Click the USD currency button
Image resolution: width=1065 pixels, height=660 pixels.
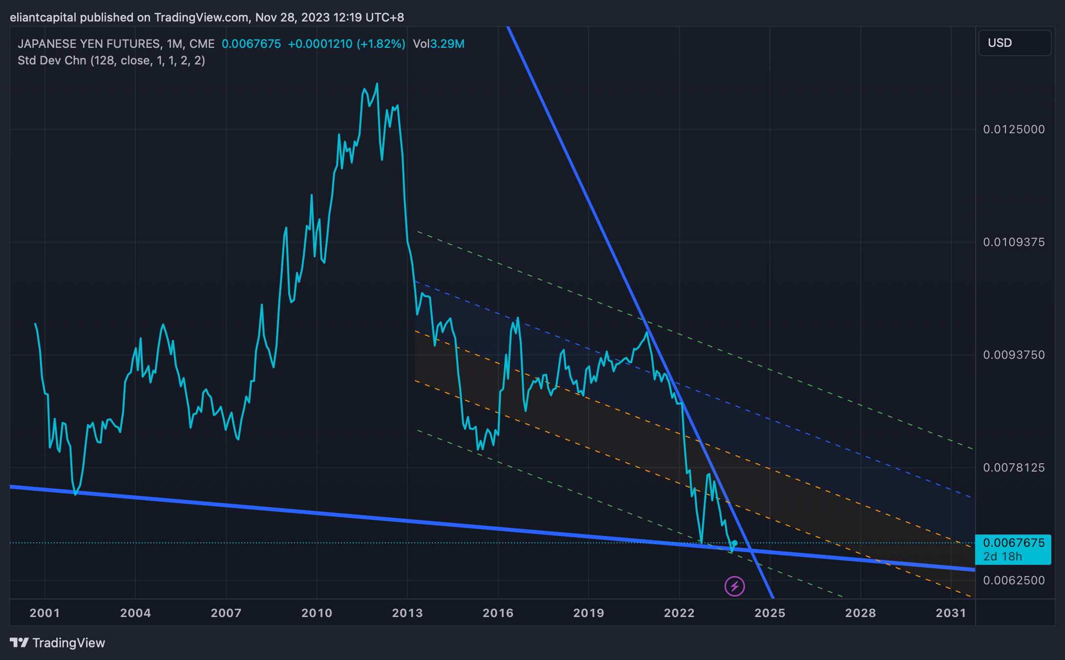(1014, 43)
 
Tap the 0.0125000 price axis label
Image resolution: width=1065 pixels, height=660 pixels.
(1014, 129)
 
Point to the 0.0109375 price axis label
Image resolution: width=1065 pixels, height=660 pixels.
(1014, 242)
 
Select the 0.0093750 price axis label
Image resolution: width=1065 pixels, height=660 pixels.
(1014, 355)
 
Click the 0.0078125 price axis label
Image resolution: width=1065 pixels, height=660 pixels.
(1014, 468)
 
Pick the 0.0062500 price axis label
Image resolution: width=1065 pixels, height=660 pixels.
(1014, 580)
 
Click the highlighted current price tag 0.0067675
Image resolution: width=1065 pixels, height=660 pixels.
(1013, 543)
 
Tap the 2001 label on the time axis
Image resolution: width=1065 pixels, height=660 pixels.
(44, 613)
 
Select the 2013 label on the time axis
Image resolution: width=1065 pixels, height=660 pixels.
(407, 613)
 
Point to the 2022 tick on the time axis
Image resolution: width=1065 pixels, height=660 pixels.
(679, 613)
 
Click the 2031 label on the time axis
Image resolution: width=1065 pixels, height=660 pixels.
(951, 613)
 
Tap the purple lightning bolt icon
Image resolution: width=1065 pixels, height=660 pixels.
(734, 586)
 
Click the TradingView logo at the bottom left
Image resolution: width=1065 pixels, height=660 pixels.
(58, 643)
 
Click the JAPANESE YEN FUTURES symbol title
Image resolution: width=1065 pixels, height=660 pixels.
(89, 44)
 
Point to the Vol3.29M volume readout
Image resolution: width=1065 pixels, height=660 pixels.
(438, 44)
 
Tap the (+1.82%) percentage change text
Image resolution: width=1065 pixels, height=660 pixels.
(381, 44)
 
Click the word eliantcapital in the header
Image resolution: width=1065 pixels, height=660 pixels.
(43, 18)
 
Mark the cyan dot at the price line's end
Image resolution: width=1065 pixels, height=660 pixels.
(734, 543)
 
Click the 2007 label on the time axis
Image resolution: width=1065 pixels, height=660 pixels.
(226, 613)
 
